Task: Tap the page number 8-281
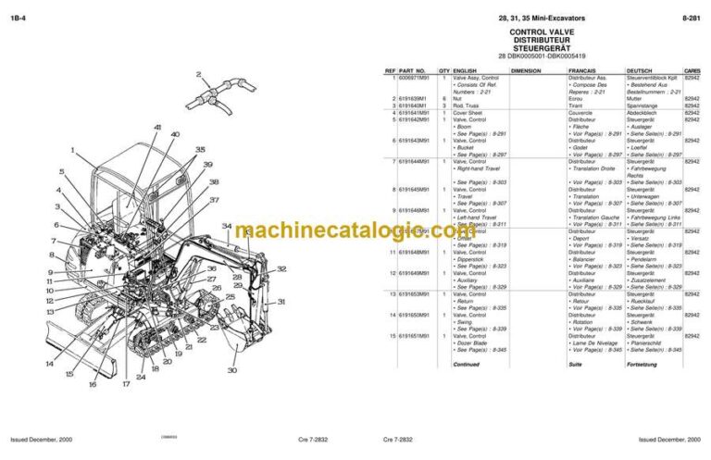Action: click(x=690, y=17)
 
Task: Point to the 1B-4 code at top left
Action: click(x=17, y=17)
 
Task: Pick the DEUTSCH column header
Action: click(x=640, y=70)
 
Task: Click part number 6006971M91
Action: click(x=414, y=78)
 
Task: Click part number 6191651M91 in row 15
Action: click(x=413, y=336)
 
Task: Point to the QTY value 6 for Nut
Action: click(x=444, y=99)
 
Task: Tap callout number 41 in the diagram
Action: click(x=157, y=127)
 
